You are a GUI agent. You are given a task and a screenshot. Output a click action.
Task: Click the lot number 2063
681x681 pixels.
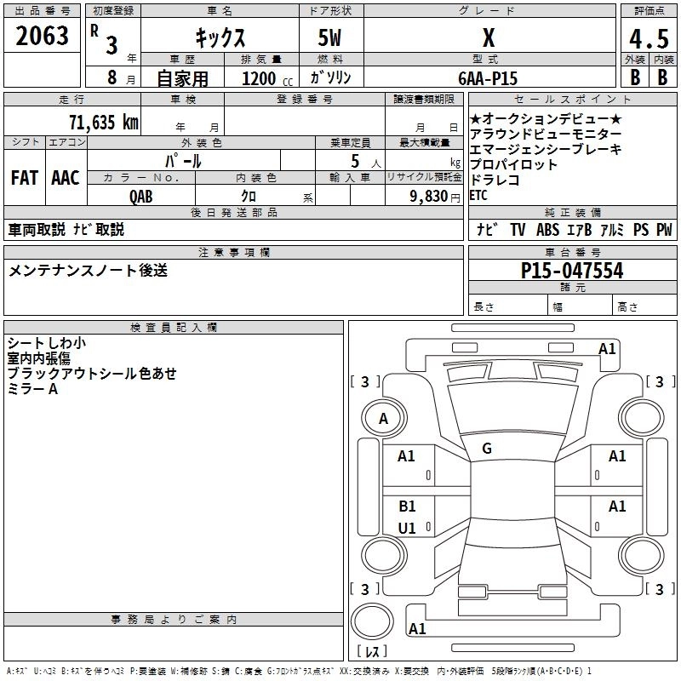click(x=42, y=36)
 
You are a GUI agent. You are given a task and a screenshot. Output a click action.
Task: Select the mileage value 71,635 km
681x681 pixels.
click(x=103, y=122)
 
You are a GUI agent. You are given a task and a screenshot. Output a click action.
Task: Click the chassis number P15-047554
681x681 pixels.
click(x=572, y=272)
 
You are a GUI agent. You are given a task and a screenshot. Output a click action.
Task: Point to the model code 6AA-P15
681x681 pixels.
click(x=487, y=77)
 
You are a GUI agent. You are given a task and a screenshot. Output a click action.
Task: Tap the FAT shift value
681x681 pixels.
click(x=24, y=178)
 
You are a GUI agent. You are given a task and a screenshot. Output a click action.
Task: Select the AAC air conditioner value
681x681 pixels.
click(x=65, y=178)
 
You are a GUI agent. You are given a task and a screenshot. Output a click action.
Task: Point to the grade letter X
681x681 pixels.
click(x=488, y=38)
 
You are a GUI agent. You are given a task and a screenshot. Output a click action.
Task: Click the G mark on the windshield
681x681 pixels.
click(x=487, y=449)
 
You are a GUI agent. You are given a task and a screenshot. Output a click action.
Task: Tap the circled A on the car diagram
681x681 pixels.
click(x=383, y=418)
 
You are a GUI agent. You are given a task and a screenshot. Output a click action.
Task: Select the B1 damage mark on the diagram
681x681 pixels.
click(x=407, y=506)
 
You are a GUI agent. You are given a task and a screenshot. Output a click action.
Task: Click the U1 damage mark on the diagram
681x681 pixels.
click(x=407, y=528)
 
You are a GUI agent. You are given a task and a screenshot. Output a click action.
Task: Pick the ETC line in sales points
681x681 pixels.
click(x=478, y=195)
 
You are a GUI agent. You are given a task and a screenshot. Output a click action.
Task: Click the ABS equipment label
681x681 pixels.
click(x=547, y=230)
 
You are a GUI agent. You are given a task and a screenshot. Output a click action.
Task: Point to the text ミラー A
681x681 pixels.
click(x=32, y=388)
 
